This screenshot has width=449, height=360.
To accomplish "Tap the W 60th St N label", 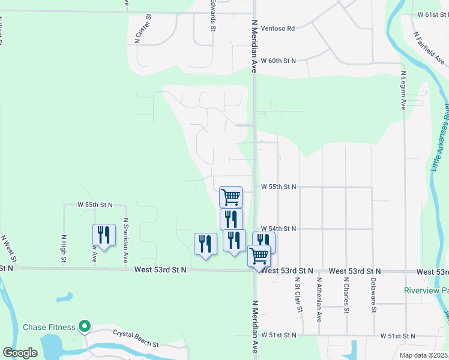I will pyautogui.click(x=279, y=61).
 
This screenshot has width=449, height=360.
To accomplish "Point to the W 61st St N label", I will pyautogui.click(x=428, y=14).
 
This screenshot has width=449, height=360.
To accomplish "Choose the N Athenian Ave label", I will pyautogui.click(x=319, y=299).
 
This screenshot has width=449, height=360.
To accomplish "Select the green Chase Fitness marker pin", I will pyautogui.click(x=85, y=327).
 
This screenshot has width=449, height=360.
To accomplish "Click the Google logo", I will pyautogui.click(x=20, y=353).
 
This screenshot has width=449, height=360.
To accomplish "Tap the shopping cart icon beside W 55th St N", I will pyautogui.click(x=231, y=196).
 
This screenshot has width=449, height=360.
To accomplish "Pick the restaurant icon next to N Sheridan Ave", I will pyautogui.click(x=104, y=235).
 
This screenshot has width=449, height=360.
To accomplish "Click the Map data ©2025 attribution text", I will pyautogui.click(x=424, y=355).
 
